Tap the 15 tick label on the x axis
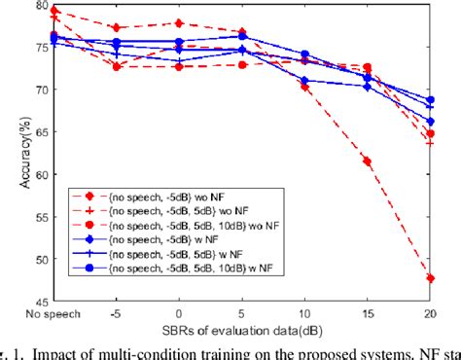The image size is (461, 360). (x=368, y=313)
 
